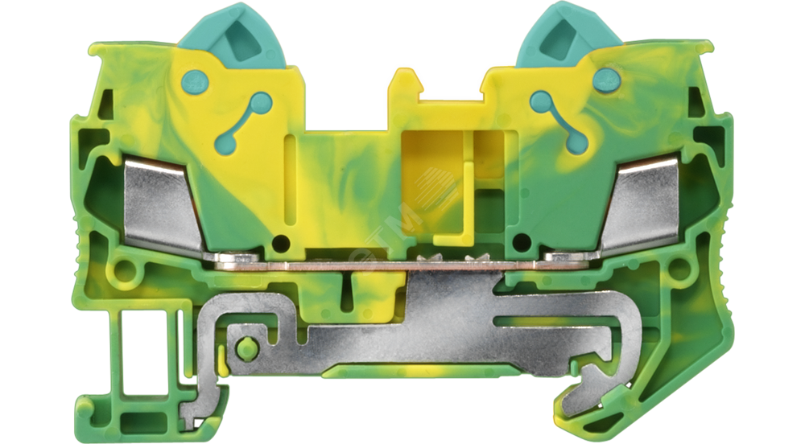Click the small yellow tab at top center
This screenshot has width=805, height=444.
405,85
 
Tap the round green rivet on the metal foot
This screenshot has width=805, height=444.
247,347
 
